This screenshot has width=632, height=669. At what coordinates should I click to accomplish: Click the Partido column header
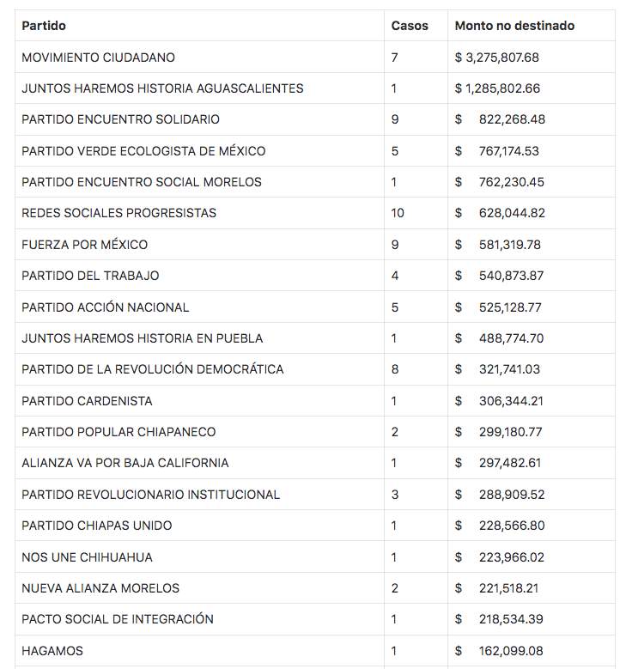44,26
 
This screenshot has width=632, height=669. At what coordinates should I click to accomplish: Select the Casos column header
410,26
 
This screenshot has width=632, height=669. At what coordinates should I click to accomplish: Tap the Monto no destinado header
514,26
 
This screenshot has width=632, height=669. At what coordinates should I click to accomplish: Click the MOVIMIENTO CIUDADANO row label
98,58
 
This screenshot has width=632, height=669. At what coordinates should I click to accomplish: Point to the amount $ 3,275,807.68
497,58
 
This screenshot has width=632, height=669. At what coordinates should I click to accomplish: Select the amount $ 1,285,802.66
497,88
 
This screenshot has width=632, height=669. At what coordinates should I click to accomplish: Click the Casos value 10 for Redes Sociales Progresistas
398,213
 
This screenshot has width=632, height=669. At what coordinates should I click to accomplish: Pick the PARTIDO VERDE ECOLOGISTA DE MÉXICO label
143,151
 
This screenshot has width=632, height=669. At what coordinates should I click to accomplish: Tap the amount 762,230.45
512,182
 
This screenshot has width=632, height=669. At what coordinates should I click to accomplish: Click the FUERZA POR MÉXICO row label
84,245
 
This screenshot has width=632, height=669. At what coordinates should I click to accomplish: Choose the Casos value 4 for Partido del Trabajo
395,276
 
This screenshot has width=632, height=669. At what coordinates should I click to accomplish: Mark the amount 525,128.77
512,307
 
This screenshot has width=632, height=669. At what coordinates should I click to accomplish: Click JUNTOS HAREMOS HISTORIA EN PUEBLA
143,338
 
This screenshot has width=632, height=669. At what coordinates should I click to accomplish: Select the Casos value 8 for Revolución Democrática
395,369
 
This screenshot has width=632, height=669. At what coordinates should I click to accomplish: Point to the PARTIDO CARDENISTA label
87,401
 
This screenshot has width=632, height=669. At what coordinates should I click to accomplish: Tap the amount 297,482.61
512,463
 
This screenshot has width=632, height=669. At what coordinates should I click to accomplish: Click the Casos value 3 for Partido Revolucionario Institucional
395,495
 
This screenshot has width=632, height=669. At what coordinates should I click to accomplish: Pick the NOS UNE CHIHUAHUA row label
87,557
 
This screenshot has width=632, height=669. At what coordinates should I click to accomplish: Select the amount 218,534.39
512,619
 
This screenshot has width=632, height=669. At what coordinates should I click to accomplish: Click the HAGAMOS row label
52,651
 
